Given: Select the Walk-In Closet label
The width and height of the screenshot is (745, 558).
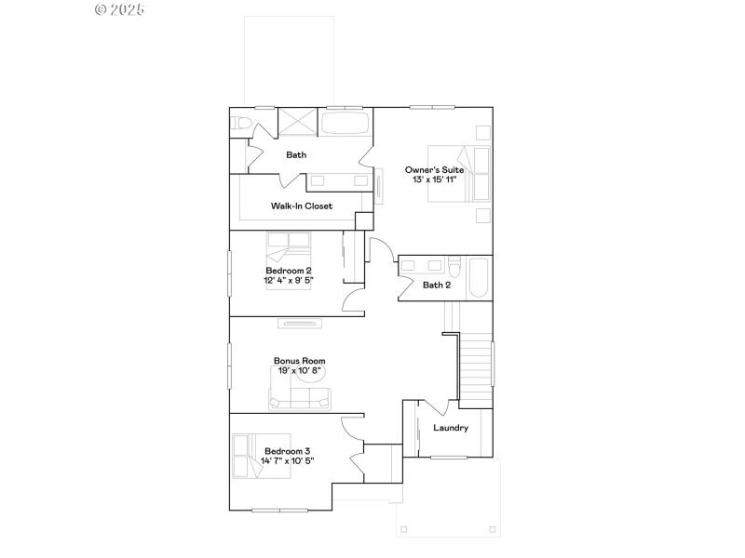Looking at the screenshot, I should (x=302, y=206).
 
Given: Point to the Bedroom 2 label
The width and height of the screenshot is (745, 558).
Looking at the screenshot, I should (x=288, y=270).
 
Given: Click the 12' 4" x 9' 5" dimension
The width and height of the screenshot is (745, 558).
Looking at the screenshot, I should (x=288, y=279).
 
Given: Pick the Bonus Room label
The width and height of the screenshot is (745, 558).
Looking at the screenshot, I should (x=299, y=361).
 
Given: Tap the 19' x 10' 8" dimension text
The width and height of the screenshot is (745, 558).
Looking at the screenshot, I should (x=299, y=370).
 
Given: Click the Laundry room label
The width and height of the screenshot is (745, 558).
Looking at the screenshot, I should (x=451, y=428).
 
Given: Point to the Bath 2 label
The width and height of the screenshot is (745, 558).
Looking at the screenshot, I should (x=437, y=285).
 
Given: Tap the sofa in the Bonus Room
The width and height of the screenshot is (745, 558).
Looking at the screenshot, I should (x=299, y=399).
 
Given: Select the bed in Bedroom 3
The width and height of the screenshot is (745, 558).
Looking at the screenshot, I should (x=261, y=456).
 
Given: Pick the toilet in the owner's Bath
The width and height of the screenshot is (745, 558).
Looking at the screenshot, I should (x=239, y=124).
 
